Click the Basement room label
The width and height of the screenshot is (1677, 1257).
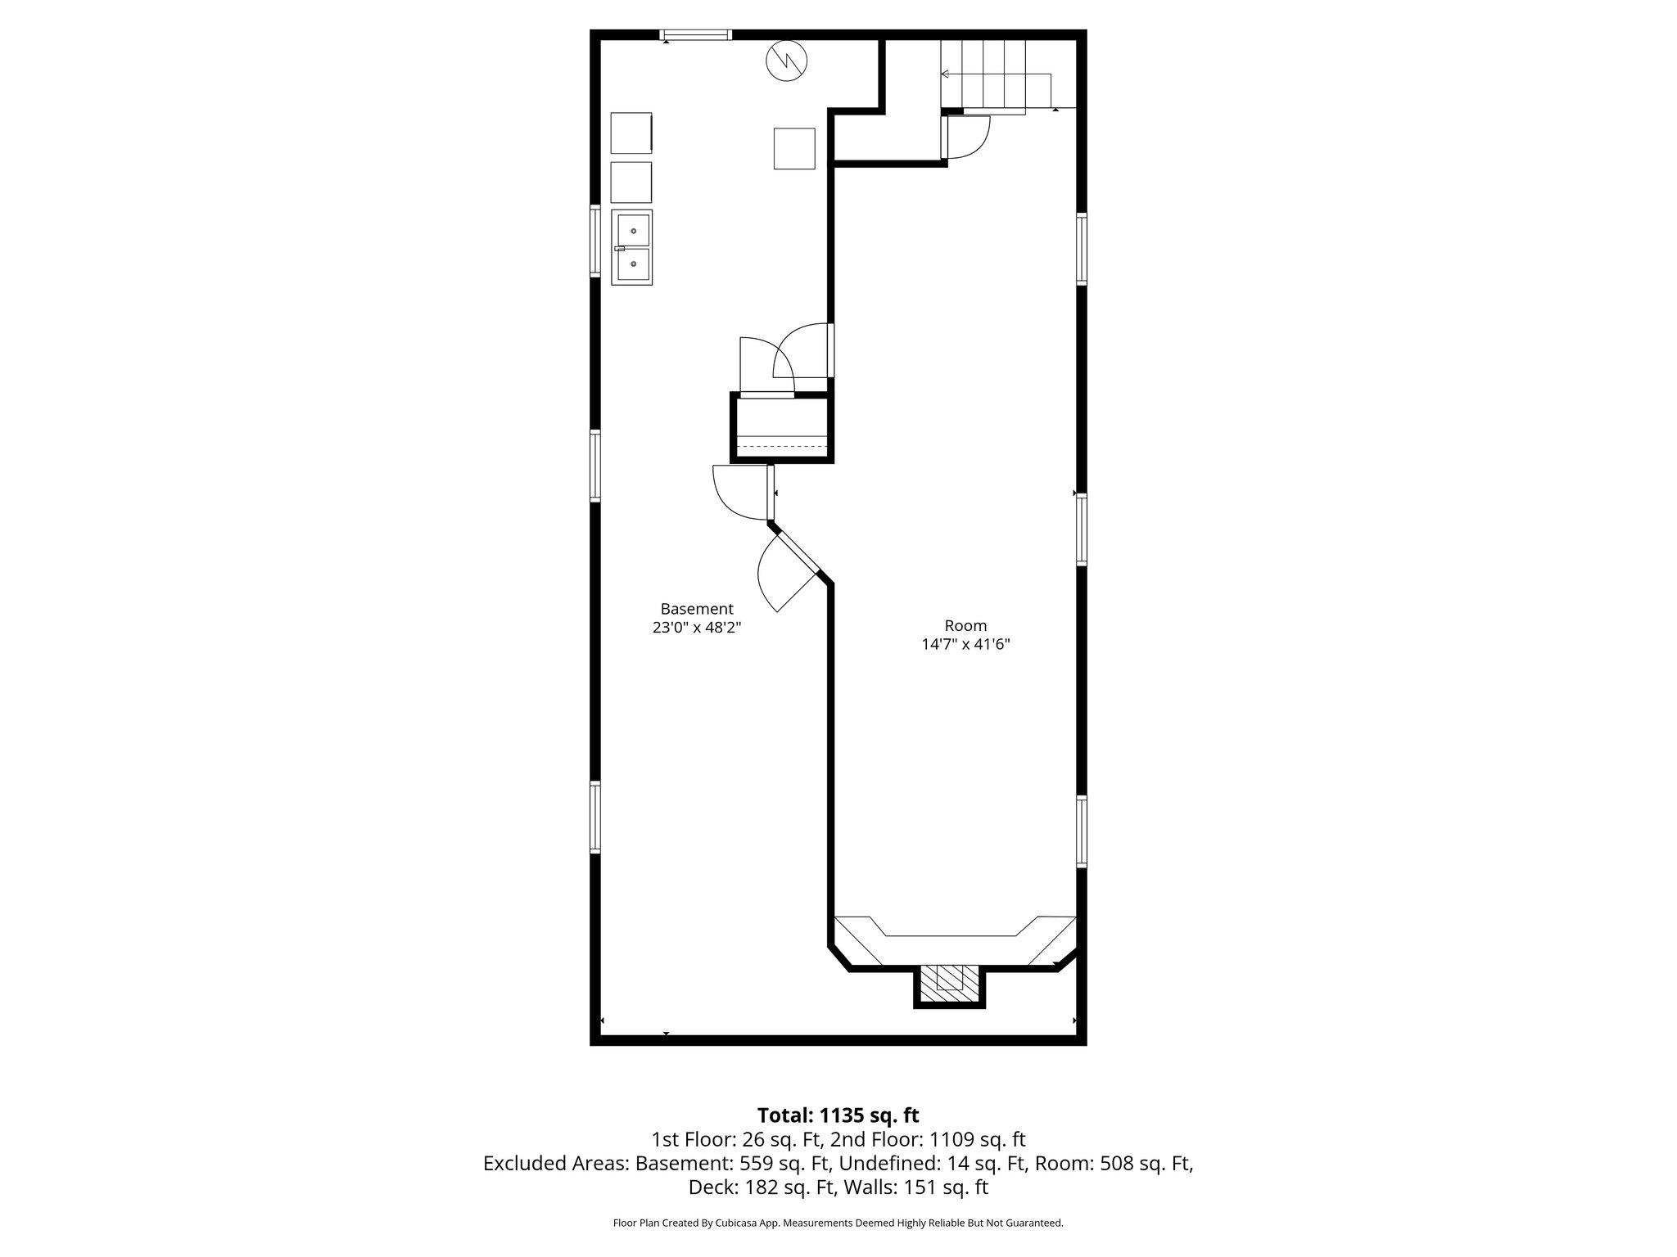point(696,609)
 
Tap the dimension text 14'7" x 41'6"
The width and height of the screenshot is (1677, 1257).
point(965,644)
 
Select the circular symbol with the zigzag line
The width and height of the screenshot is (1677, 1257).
point(786,61)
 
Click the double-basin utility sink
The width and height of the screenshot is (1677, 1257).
point(631,247)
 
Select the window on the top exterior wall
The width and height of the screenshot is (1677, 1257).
point(696,34)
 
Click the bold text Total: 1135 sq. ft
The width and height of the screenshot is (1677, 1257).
point(838,1115)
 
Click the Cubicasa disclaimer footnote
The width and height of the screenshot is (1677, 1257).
point(838,1223)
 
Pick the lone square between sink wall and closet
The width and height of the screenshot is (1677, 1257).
point(794,149)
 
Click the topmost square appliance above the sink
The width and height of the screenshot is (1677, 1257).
point(631,133)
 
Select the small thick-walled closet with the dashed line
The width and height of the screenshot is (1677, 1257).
point(782,429)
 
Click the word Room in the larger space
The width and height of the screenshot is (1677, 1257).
point(965,625)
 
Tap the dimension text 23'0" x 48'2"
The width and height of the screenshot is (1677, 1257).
point(696,628)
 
